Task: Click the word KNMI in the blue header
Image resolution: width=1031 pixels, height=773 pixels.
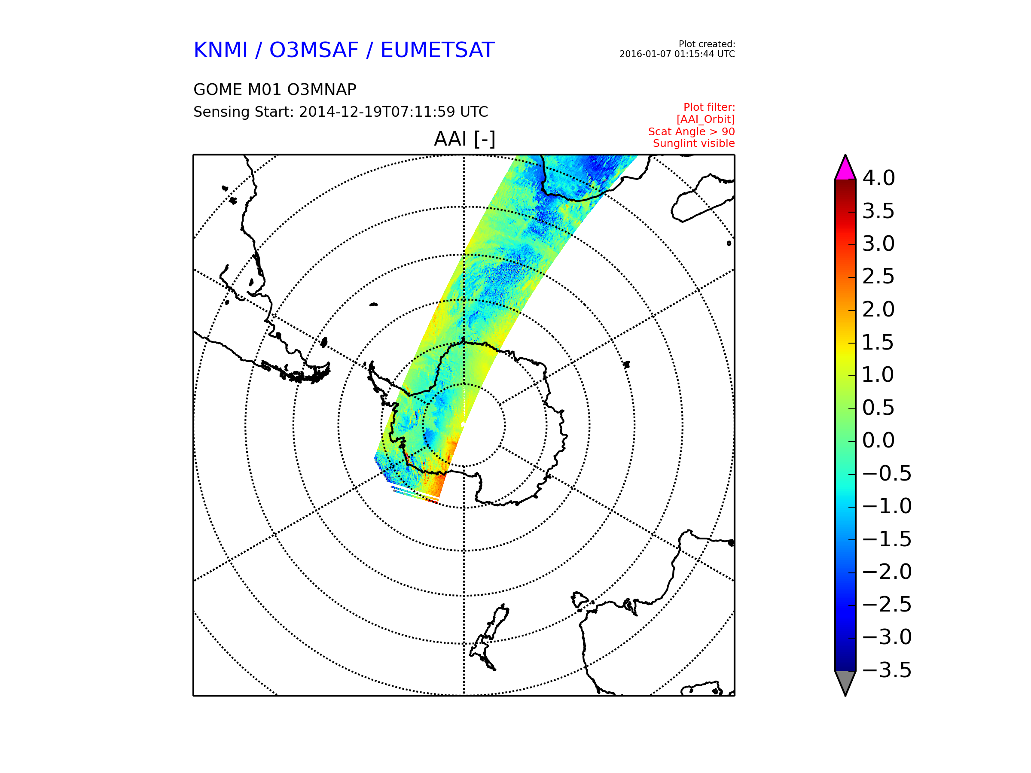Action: [220, 50]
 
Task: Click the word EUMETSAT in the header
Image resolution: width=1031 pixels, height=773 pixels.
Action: [437, 50]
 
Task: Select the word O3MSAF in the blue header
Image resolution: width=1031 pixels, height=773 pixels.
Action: [314, 50]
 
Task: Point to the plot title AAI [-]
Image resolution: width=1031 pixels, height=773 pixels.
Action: [464, 139]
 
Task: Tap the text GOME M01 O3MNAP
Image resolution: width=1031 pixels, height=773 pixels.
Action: [275, 89]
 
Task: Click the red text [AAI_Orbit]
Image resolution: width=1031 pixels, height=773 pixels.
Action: [706, 119]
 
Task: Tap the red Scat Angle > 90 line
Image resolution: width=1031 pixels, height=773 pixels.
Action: [691, 131]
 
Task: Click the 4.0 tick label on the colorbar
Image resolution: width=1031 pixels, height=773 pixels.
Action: [878, 178]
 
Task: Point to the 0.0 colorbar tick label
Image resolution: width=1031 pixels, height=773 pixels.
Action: [878, 440]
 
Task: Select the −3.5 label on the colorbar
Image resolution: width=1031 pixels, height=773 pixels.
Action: [887, 670]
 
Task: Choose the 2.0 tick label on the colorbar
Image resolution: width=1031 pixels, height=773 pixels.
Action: [878, 309]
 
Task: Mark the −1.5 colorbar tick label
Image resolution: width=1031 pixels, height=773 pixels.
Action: [887, 539]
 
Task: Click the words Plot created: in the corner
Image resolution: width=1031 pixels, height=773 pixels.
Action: [707, 44]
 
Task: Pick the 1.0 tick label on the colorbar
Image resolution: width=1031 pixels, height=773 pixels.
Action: [878, 374]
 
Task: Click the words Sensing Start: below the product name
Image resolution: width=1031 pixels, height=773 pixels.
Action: [243, 112]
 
